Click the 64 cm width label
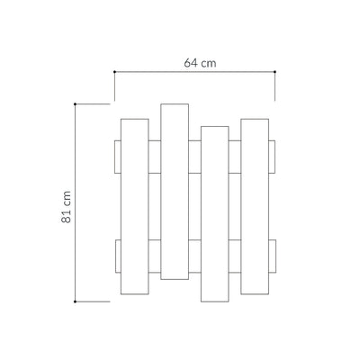click(200, 63)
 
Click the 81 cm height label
click(67, 207)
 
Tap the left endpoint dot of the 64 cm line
click(114, 72)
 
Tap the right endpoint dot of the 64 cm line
click(274, 72)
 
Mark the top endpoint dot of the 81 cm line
click(75, 104)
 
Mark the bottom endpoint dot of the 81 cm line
click(75, 301)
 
